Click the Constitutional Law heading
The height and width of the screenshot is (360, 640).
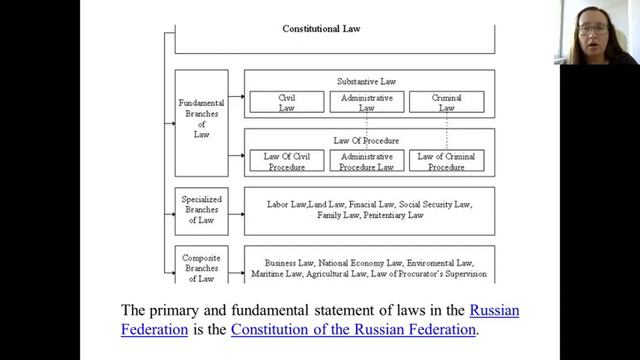pos(321,29)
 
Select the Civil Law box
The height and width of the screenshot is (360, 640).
pos(287,102)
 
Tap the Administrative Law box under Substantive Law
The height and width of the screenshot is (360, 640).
pos(367,102)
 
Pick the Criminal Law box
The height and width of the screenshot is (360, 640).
pos(447,102)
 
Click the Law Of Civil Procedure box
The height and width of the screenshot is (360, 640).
pos(287,160)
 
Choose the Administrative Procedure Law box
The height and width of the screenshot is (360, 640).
pos(367,160)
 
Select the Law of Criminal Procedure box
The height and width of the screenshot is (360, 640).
pos(447,160)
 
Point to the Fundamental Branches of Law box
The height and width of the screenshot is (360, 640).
pos(202,123)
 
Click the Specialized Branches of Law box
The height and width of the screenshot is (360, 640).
pos(202,211)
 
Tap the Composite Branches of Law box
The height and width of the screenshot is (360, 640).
pos(202,264)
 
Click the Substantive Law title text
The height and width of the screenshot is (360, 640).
pos(367,82)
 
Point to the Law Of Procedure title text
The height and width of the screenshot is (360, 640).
pos(366,141)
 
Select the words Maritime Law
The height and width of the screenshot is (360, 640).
pos(276,274)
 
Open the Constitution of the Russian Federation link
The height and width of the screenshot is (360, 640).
pos(353,329)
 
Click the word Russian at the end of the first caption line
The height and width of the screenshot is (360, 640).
pos(494,310)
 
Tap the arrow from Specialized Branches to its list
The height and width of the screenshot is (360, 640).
pos(236,214)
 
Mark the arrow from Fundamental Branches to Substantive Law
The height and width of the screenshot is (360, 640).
pos(236,97)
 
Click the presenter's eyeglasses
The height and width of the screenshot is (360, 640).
pos(593,29)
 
